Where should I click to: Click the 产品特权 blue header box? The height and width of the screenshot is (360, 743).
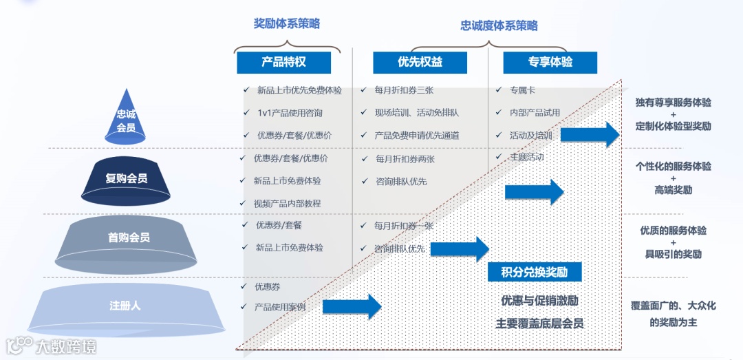283,62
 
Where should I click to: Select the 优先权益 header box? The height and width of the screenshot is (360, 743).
420,62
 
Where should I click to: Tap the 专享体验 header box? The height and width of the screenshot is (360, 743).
550,62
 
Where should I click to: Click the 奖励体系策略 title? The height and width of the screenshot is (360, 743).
286,23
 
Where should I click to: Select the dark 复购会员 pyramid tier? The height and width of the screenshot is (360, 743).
126,178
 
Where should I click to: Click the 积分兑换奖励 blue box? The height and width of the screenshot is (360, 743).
534,272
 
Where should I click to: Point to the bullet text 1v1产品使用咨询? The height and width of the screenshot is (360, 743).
290,113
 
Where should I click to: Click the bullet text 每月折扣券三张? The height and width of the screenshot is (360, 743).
404,90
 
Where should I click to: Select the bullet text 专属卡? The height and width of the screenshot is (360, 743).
522,90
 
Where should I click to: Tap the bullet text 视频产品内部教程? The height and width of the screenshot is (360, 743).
287,203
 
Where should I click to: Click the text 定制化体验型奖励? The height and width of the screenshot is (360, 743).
674,127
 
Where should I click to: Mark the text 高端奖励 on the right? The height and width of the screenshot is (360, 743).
673,190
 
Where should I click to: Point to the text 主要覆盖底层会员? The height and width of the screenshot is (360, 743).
539,323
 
